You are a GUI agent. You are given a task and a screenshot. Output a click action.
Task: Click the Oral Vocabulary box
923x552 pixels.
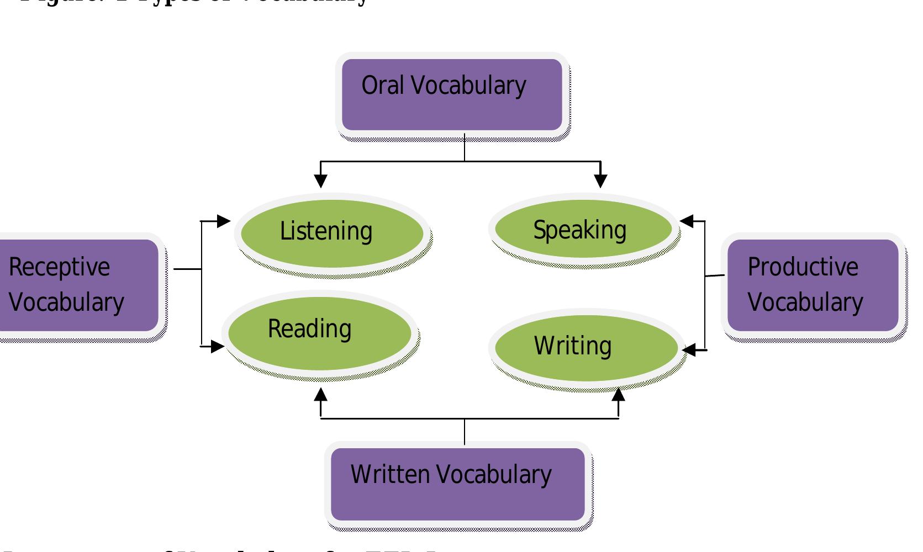pyautogui.click(x=452, y=95)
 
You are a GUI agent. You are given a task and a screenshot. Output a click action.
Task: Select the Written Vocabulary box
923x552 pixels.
pyautogui.click(x=457, y=484)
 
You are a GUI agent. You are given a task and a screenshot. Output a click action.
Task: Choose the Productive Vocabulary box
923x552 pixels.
pyautogui.click(x=813, y=285)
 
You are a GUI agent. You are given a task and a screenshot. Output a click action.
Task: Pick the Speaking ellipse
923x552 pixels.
pyautogui.click(x=583, y=229)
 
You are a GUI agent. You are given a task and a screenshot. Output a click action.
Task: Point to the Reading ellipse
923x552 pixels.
pyautogui.click(x=319, y=333)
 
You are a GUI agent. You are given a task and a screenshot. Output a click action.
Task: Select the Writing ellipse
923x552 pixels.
pyautogui.click(x=586, y=348)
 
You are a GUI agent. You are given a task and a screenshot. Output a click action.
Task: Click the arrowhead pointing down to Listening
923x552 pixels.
pyautogui.click(x=320, y=181)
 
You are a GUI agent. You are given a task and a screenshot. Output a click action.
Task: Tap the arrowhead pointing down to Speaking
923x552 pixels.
pyautogui.click(x=600, y=181)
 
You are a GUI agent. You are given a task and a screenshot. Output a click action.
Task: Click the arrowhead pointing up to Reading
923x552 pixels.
pyautogui.click(x=320, y=395)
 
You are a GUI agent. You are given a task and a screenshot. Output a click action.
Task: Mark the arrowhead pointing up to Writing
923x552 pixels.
pyautogui.click(x=619, y=395)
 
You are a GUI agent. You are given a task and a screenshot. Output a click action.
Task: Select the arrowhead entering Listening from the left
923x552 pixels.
pyautogui.click(x=223, y=221)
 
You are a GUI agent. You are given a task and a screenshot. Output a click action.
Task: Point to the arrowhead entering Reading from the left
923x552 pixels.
pyautogui.click(x=218, y=347)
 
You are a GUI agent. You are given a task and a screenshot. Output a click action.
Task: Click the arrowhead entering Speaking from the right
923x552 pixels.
pyautogui.click(x=687, y=221)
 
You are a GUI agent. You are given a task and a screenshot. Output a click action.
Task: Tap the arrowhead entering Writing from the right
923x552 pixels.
pyautogui.click(x=689, y=349)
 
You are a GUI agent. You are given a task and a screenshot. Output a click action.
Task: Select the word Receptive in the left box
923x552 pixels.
pyautogui.click(x=59, y=268)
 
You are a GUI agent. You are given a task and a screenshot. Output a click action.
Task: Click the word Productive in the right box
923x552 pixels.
pyautogui.click(x=803, y=267)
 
